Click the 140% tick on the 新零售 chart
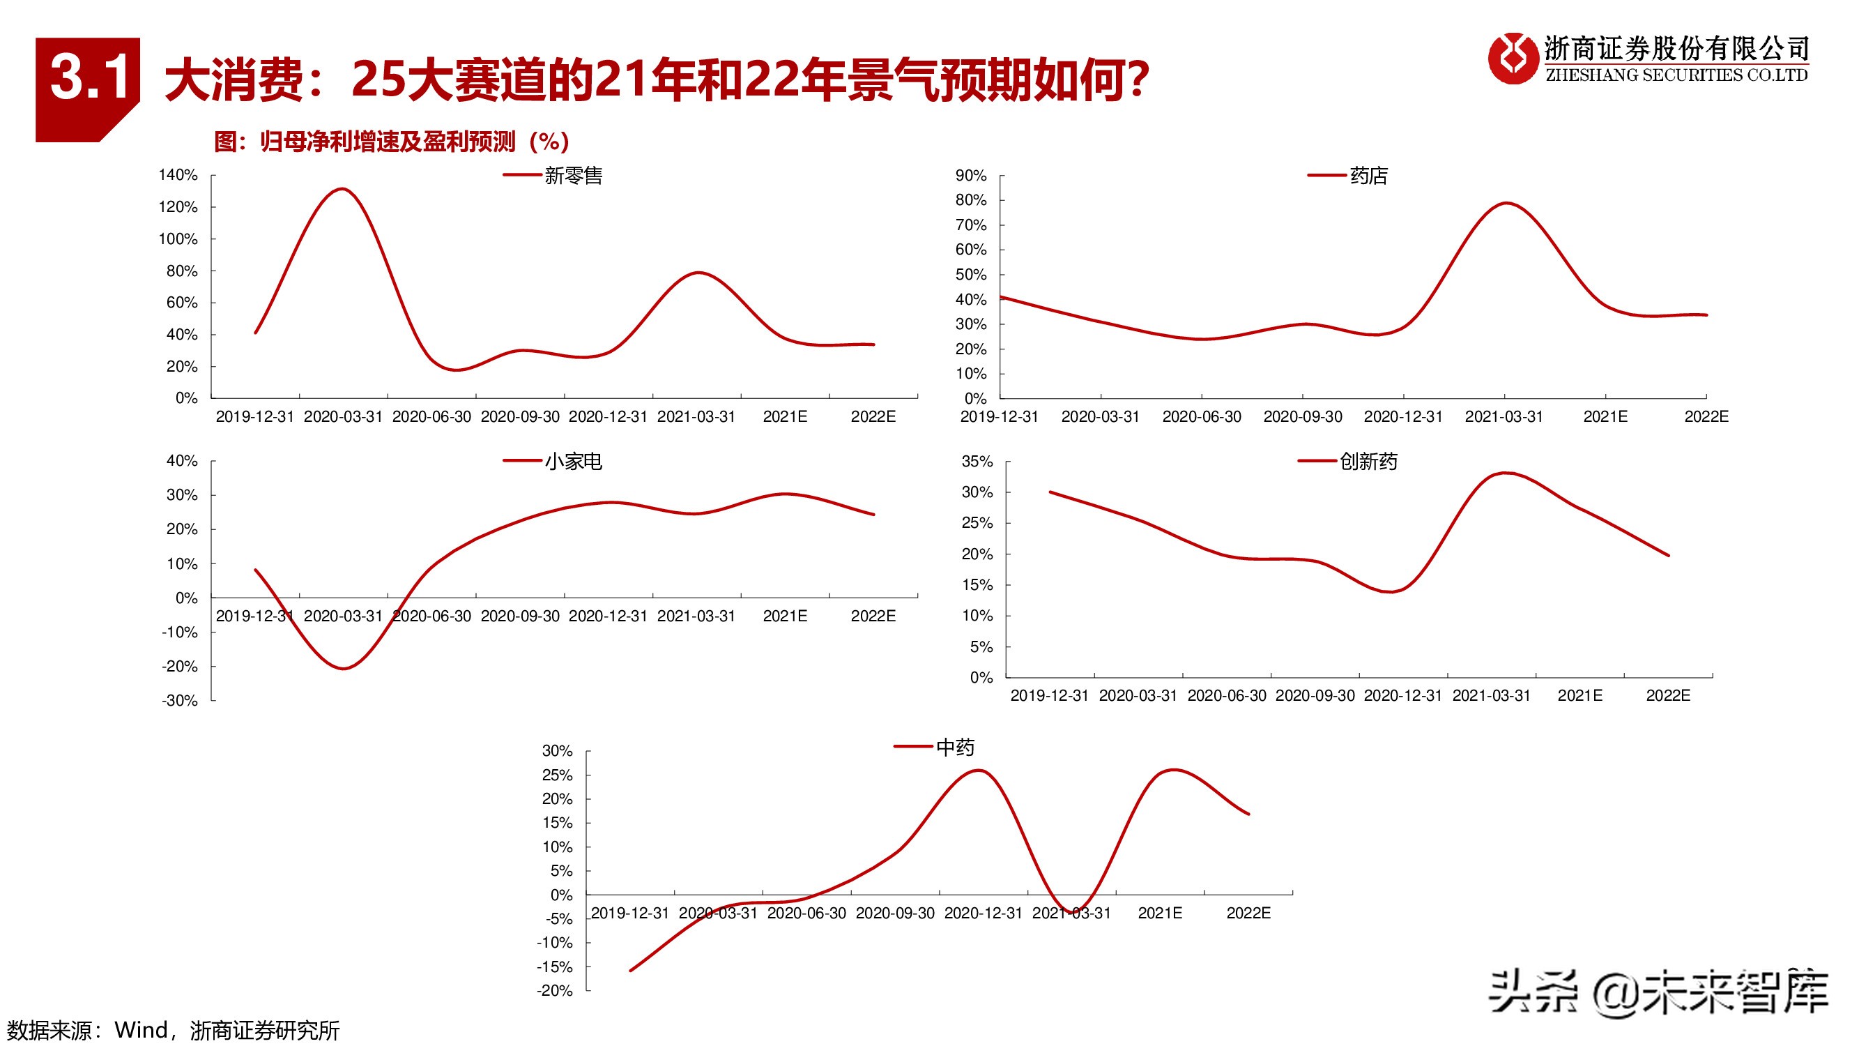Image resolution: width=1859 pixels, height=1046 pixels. (178, 176)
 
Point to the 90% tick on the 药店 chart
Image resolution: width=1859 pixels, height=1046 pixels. (971, 176)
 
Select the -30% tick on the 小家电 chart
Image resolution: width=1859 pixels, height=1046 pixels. (180, 700)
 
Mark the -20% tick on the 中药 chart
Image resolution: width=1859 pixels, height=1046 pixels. (554, 990)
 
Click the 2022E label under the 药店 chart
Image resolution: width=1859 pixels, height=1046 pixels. (1706, 416)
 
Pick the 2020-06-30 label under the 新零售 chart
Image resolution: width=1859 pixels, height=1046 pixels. (431, 416)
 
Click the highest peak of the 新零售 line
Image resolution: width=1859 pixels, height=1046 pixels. (342, 189)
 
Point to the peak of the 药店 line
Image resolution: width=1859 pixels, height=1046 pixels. (1506, 203)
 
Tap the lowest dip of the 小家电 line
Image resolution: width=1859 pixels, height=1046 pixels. (344, 669)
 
